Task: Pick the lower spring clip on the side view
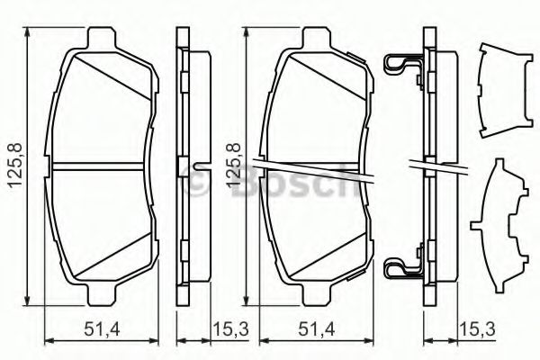pos(400,266)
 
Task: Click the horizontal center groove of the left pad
pos(101,166)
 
